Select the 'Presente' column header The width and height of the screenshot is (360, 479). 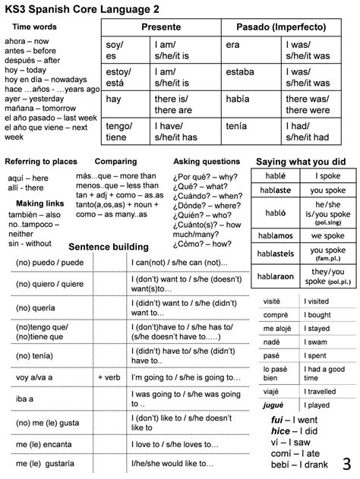pos(161,27)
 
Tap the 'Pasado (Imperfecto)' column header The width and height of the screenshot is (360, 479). pos(281,27)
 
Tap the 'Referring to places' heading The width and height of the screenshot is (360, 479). pos(41,162)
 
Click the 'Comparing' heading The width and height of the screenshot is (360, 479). pos(115,162)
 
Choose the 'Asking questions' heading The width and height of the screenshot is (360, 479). pos(207,162)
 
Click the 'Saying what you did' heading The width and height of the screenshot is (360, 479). pos(301,162)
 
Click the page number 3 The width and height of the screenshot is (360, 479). pos(346,462)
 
